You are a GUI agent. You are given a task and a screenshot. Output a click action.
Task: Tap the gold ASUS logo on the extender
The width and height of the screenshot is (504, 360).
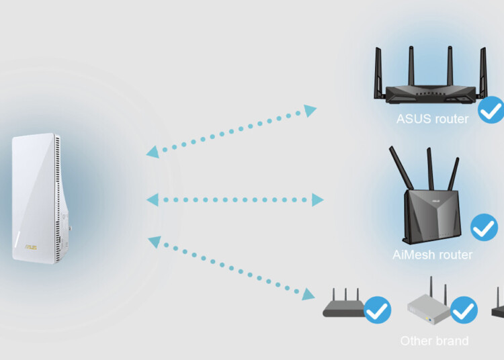coord(31,246)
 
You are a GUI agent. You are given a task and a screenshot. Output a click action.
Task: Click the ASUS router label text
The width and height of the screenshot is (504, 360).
coord(432,120)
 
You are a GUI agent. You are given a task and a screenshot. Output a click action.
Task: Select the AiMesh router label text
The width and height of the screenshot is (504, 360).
coord(432,255)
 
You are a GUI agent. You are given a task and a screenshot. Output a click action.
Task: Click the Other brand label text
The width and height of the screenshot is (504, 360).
coord(434,341)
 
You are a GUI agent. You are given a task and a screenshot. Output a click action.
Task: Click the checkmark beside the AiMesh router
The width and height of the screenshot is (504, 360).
coord(484,228)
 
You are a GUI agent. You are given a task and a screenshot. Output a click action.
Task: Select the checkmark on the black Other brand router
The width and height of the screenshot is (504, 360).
coord(378,310)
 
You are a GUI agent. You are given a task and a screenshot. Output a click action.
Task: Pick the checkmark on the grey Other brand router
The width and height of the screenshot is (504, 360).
coord(463,310)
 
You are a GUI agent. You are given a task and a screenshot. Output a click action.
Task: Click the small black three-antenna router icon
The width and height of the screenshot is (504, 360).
coord(343,305)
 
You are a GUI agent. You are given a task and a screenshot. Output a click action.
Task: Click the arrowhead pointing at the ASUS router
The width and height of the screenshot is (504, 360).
coord(310,111)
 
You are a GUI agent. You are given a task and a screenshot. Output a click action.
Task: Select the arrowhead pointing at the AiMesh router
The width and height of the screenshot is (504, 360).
coord(317,199)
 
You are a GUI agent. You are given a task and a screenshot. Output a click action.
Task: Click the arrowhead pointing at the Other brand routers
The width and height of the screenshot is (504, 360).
coord(308,294)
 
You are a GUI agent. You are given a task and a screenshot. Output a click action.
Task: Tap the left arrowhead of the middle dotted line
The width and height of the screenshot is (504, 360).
coord(152,199)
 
